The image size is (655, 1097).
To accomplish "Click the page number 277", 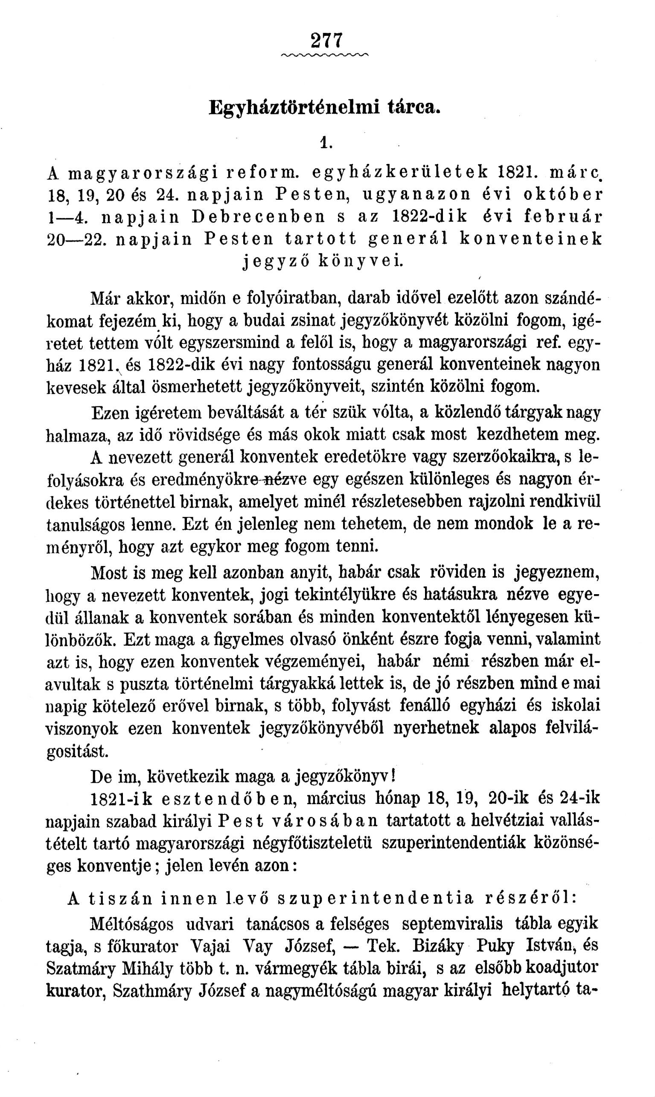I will click(x=326, y=41).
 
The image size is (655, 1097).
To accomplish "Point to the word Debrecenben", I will click(x=259, y=217).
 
